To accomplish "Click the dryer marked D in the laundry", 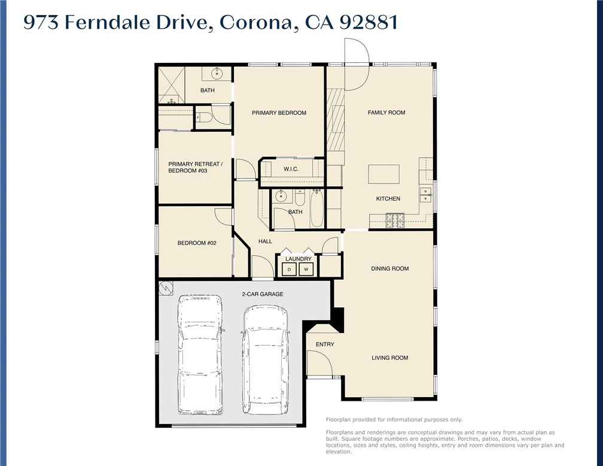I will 290,270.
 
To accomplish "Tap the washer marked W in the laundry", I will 306,270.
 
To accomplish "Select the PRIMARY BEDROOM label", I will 279,113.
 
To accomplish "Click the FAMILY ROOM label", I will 386,112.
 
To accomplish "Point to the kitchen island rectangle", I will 383,174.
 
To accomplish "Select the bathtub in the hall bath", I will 316,208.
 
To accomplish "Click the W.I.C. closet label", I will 291,170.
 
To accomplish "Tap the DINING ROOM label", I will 390,268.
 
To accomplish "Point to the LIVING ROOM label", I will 390,358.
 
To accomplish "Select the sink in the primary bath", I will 217,74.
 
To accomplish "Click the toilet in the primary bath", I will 203,117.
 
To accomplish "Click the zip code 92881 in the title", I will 367,22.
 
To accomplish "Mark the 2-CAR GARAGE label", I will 262,294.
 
